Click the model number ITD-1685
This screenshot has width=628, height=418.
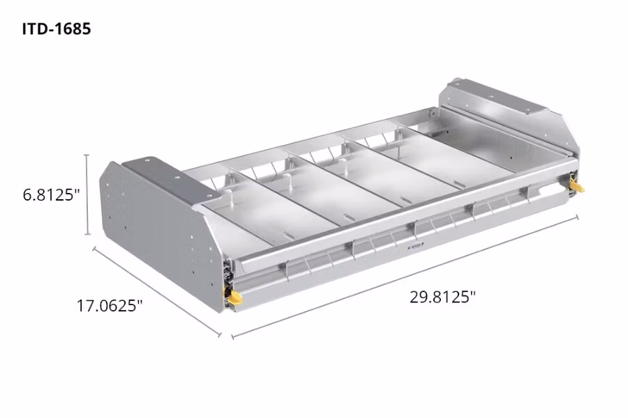tap(57, 29)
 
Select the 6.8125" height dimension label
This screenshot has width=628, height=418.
tap(48, 195)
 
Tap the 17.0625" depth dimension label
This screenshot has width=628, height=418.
tap(109, 305)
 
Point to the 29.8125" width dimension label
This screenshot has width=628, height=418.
tap(442, 297)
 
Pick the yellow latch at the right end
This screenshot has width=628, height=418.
tap(577, 185)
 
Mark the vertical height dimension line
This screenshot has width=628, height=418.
tap(87, 195)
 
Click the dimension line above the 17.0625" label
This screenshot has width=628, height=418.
tap(157, 291)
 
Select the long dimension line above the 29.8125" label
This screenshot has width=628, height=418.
tap(405, 277)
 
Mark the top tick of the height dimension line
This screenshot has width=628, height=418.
tap(87, 155)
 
